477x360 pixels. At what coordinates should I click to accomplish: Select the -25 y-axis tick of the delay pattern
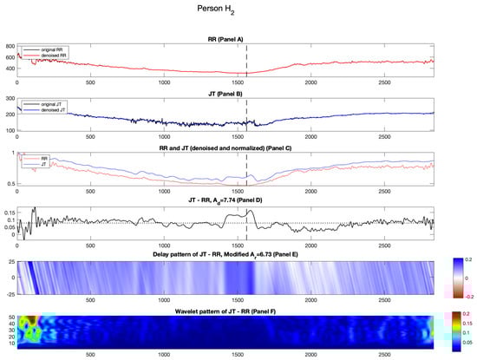10,295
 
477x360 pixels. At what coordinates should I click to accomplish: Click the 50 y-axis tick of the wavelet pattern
11,317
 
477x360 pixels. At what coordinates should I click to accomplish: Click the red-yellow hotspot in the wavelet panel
29,324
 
